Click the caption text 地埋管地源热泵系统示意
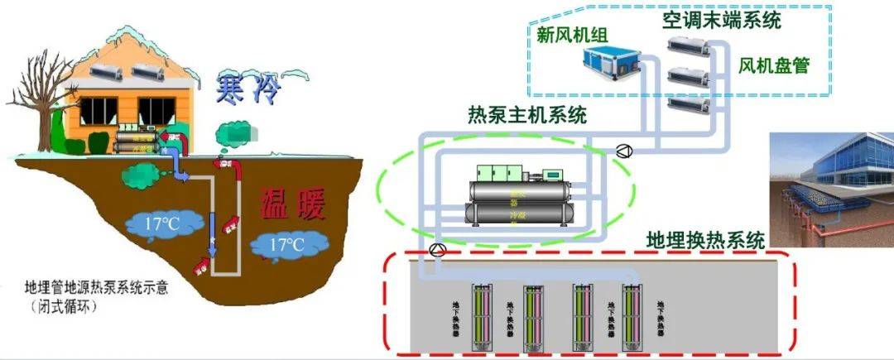coord(95,288)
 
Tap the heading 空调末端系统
coord(721,20)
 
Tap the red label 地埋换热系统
coord(705,242)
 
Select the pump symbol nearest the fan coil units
coord(625,150)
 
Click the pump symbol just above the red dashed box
coord(438,251)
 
